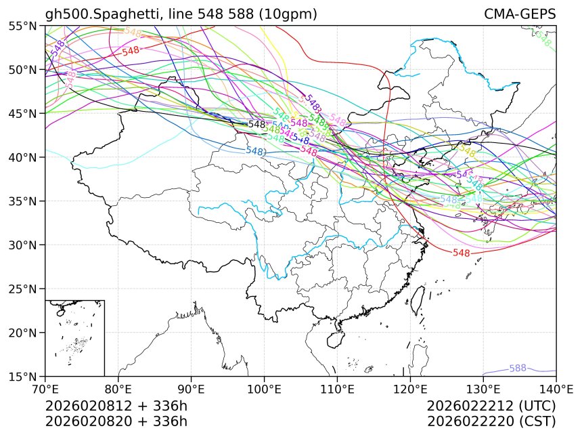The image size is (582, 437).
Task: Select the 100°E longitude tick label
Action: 264,389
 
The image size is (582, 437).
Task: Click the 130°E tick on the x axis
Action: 483,389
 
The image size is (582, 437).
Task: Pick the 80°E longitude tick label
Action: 118,389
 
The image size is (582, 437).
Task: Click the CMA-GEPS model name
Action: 520,14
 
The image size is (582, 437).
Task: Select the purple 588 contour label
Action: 518,368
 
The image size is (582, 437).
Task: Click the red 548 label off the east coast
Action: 462,253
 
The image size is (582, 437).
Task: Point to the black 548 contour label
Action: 257,125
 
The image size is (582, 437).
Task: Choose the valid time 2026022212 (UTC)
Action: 491,406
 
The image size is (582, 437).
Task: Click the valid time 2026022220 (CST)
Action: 491,421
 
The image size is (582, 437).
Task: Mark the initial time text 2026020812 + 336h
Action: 116,406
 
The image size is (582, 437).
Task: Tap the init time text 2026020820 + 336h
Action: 116,421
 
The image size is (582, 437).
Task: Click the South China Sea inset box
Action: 74,337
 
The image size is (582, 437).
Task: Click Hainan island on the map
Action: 333,338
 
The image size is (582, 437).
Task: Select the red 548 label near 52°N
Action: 131,51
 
